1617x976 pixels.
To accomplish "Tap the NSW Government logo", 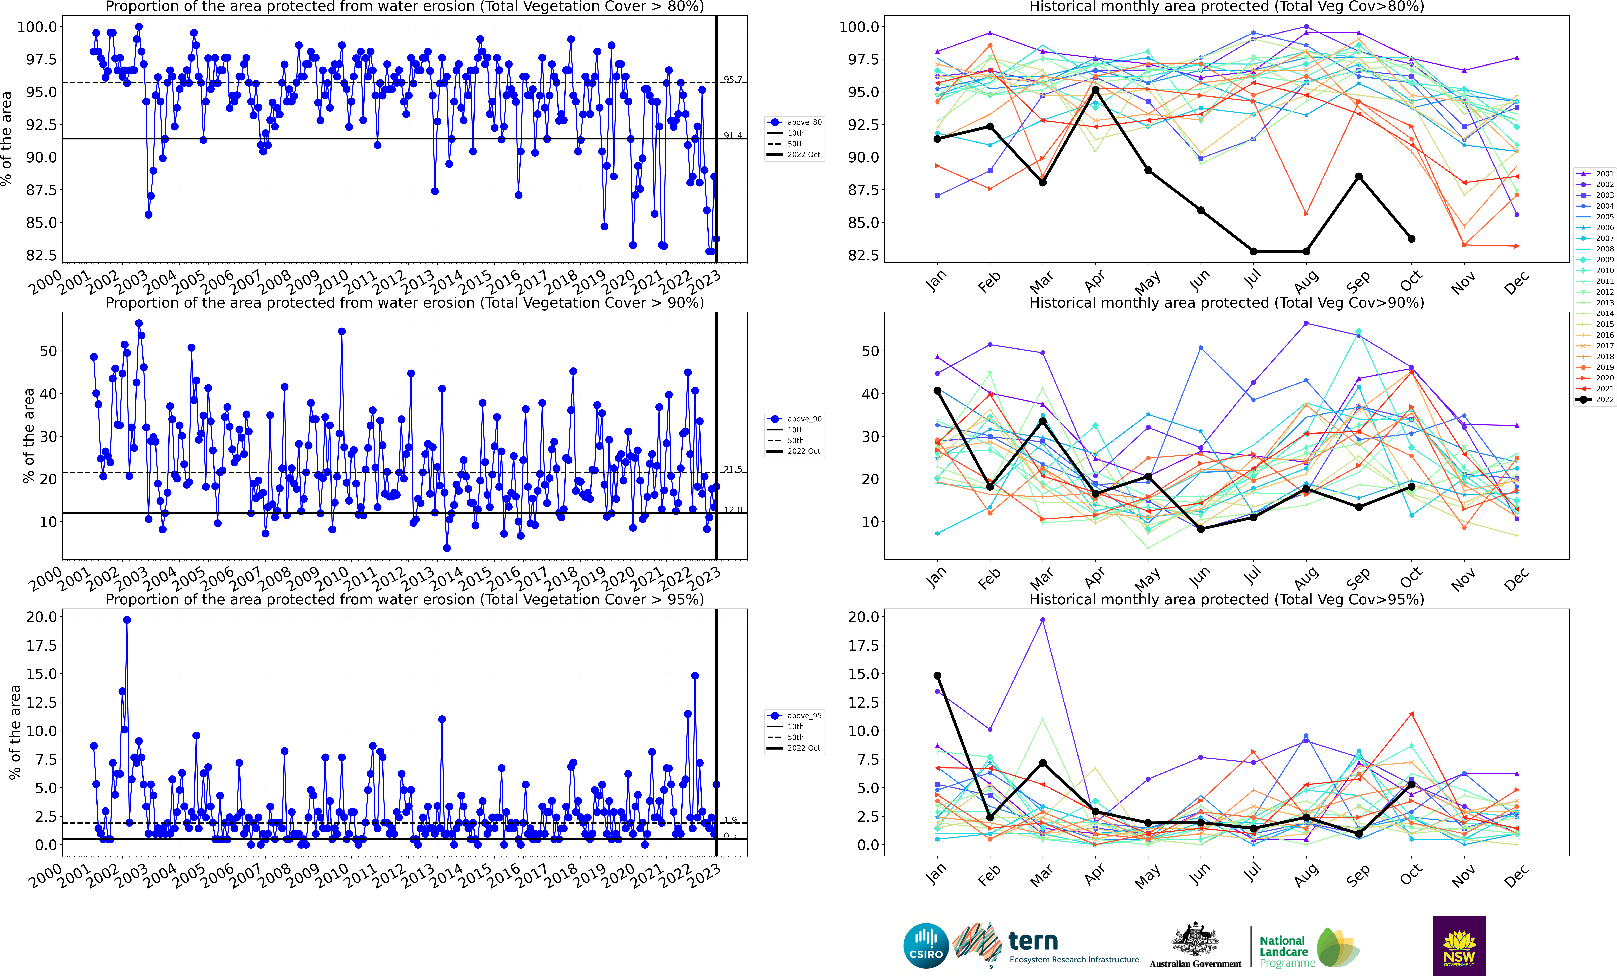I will pos(1459,945).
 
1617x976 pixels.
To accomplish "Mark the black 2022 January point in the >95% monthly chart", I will pos(937,676).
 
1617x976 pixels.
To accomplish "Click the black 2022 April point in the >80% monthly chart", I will pos(1095,90).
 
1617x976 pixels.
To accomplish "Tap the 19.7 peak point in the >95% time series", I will pos(127,620).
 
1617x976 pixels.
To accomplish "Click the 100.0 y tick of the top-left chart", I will pos(37,27).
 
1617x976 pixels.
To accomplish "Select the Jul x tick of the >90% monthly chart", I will pos(1252,576).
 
